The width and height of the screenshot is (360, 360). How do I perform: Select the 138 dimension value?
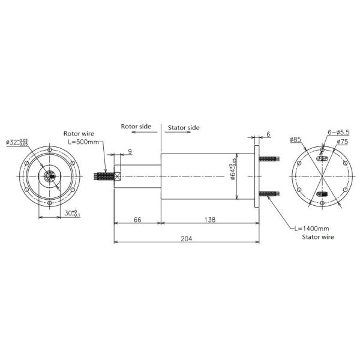tap(209, 220)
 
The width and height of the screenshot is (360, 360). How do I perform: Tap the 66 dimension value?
tap(137, 220)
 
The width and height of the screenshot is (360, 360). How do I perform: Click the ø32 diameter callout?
tap(17, 142)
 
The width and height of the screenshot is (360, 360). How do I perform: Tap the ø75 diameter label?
tap(342, 142)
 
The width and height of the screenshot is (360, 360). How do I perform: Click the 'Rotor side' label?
tap(136, 127)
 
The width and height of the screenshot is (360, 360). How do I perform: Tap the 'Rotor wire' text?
tap(79, 133)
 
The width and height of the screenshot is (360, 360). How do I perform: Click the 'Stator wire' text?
tap(317, 238)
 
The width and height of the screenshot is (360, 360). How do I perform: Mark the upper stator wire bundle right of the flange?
tap(270, 160)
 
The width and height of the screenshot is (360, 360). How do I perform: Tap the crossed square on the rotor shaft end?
tap(118, 176)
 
